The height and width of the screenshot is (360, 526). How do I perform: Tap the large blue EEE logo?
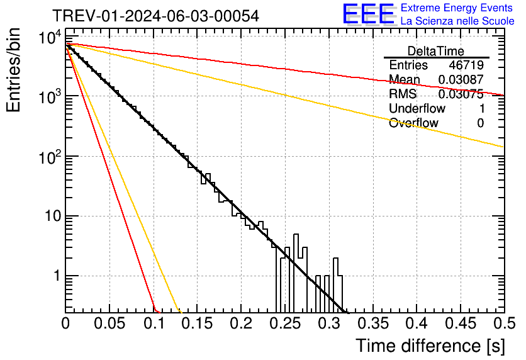coord(369,14)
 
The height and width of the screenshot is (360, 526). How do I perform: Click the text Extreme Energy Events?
coord(457,8)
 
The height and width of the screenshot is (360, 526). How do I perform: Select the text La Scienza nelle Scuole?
coord(457,21)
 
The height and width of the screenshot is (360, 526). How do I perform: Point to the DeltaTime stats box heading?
coord(436,51)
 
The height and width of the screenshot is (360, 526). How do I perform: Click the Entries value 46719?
coord(466,65)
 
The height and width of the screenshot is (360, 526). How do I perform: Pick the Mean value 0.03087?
coord(461,80)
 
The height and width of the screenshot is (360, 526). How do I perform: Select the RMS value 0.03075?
coord(461,94)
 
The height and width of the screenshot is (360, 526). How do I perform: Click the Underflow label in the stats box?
coord(416,109)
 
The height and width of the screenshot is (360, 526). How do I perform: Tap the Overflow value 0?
coord(480,123)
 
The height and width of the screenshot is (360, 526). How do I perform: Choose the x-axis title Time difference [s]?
coord(429,346)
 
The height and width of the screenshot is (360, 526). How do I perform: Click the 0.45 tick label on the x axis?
coord(460,324)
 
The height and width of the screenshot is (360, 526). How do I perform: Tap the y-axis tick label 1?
coord(57,276)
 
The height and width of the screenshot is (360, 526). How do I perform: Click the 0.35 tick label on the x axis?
coord(372,324)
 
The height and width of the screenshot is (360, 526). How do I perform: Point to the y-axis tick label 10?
coord(51,216)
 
